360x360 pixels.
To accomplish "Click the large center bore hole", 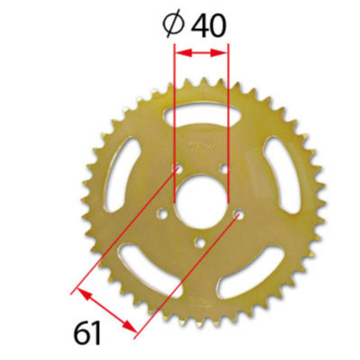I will [202, 193].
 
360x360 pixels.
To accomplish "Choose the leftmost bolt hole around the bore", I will [163, 214].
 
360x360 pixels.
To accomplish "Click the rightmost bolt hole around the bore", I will [238, 214].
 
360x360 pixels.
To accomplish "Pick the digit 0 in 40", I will [216, 24].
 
